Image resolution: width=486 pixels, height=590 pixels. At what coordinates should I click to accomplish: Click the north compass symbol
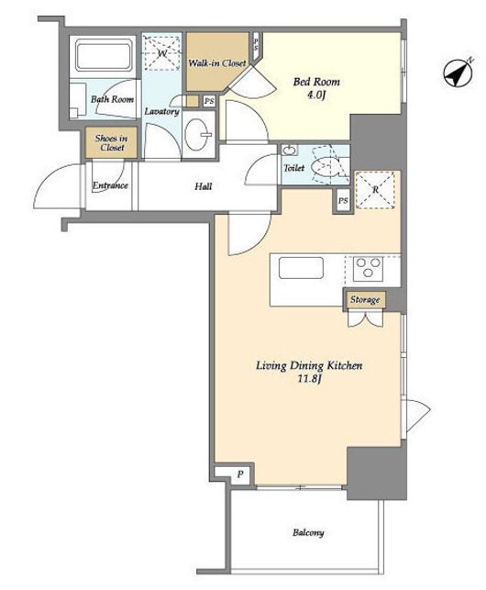pyautogui.click(x=458, y=73)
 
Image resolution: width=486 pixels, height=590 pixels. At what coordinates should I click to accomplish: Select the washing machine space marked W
pyautogui.click(x=162, y=53)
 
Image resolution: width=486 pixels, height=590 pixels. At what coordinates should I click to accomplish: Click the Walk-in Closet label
pyautogui.click(x=217, y=62)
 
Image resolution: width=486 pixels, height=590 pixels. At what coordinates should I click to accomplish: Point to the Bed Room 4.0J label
pyautogui.click(x=316, y=88)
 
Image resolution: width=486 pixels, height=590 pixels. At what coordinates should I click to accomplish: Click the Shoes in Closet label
pyautogui.click(x=111, y=142)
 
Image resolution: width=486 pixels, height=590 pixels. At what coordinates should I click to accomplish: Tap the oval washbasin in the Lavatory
pyautogui.click(x=199, y=134)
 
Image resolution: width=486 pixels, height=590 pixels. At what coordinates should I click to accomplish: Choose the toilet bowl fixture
pyautogui.click(x=326, y=167)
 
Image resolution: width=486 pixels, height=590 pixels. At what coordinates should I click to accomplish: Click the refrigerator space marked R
pyautogui.click(x=375, y=190)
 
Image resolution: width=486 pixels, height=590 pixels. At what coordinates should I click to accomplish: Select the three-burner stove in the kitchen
pyautogui.click(x=368, y=267)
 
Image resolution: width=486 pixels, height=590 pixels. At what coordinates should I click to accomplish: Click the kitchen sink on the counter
pyautogui.click(x=301, y=268)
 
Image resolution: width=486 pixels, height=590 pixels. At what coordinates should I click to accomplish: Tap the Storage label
pyautogui.click(x=365, y=300)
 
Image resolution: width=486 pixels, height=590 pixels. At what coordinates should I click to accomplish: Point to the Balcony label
pyautogui.click(x=308, y=532)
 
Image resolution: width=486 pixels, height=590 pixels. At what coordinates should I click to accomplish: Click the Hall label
pyautogui.click(x=204, y=186)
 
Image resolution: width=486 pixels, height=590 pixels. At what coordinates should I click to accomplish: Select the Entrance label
pyautogui.click(x=110, y=185)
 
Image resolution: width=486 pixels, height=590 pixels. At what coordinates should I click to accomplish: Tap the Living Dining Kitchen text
pyautogui.click(x=309, y=365)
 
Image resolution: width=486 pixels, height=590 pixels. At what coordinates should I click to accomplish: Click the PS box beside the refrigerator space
pyautogui.click(x=343, y=201)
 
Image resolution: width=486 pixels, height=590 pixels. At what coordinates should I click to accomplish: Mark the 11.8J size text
pyautogui.click(x=309, y=379)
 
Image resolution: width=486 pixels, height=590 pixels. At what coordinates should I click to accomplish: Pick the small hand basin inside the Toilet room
pyautogui.click(x=289, y=150)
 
